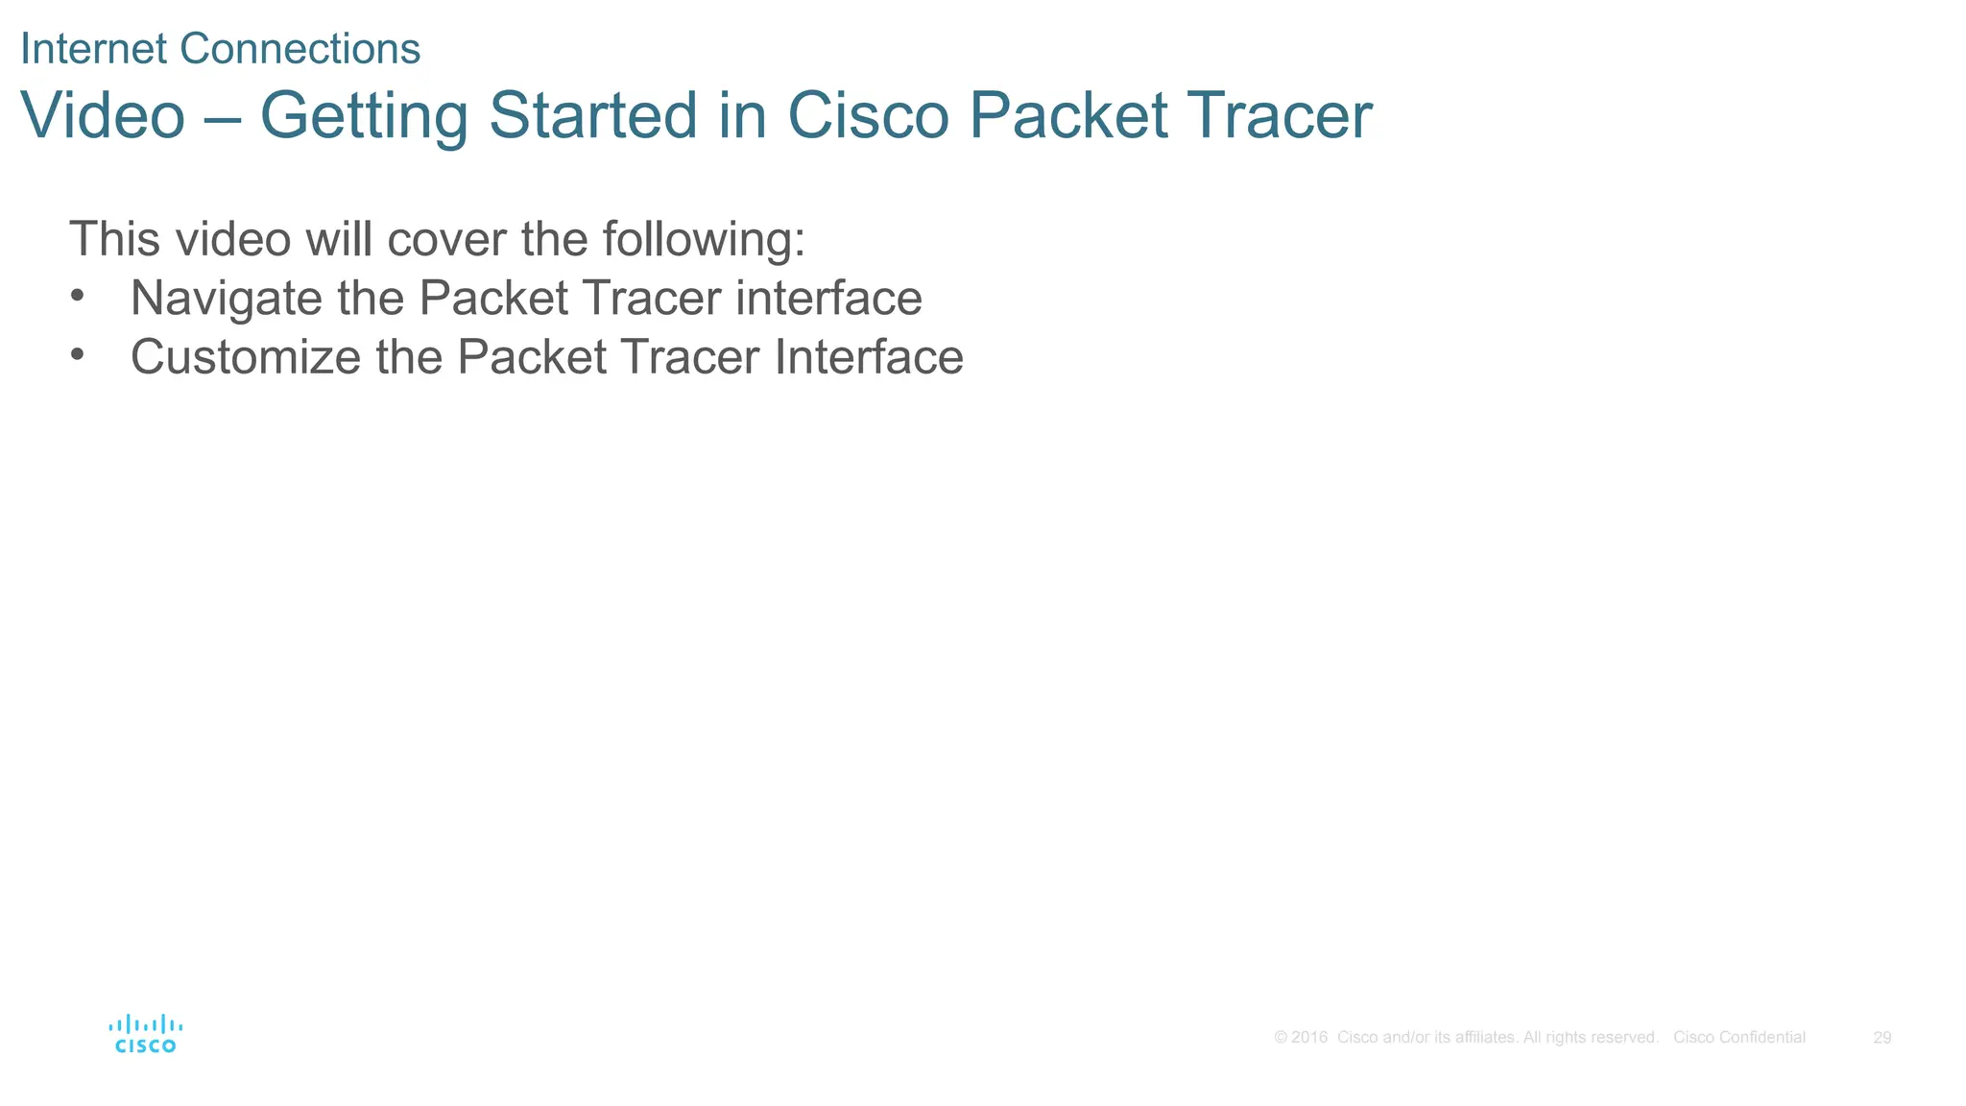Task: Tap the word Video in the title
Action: click(103, 115)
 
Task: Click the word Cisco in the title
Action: click(868, 115)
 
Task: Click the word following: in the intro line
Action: click(704, 240)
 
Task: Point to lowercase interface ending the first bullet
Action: click(828, 298)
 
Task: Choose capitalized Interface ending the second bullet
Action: click(869, 357)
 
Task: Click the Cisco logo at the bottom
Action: click(145, 1034)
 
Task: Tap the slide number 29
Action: click(1882, 1038)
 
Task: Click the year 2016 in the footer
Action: click(1309, 1038)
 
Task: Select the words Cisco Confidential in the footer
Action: click(1738, 1038)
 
